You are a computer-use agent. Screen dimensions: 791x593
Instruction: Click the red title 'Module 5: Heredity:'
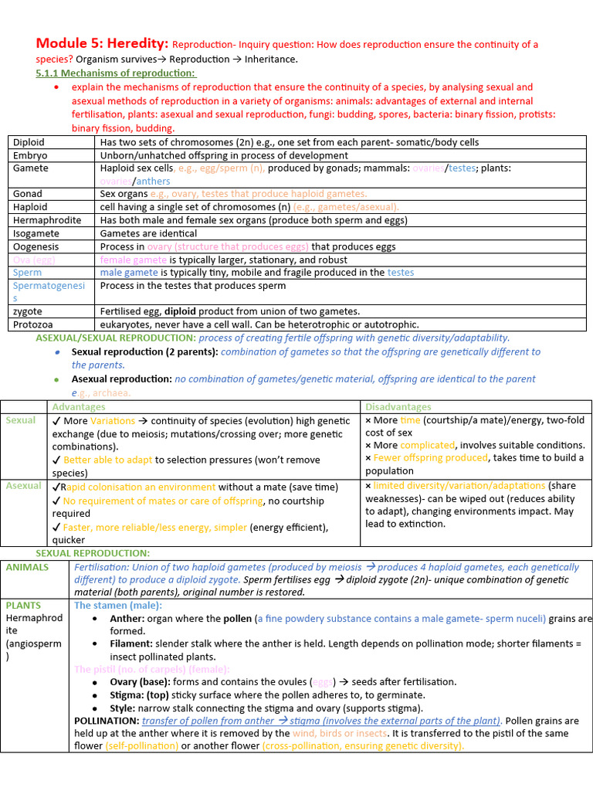coord(102,44)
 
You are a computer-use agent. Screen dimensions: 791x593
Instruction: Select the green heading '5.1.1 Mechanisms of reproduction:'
coord(116,73)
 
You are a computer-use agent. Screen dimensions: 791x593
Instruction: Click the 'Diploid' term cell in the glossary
coord(29,142)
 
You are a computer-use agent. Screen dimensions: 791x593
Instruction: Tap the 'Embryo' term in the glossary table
coord(30,155)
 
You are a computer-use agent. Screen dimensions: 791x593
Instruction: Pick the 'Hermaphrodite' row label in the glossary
coord(46,220)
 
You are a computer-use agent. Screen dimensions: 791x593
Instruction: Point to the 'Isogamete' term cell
coord(36,233)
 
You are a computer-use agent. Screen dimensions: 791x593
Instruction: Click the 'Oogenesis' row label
coord(36,246)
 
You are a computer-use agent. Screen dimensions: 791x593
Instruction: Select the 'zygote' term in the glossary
coord(27,311)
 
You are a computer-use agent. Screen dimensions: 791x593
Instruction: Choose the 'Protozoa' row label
coord(33,324)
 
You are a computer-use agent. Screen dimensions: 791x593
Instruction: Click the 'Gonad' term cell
coord(27,194)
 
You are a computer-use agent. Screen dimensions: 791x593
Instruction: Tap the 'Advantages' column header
coord(78,407)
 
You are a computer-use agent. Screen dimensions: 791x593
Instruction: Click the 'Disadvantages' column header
coord(398,407)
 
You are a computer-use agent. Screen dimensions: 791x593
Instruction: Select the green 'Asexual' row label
coord(23,486)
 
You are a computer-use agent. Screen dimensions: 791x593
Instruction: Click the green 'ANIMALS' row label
coord(27,567)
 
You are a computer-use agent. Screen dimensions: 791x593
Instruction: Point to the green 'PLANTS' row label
coord(23,606)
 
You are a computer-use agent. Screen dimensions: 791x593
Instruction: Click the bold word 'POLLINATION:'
coord(107,721)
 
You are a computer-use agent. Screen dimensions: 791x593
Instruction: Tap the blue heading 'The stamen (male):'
coord(117,606)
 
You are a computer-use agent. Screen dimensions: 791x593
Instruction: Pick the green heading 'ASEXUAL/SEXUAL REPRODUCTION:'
coord(116,338)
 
